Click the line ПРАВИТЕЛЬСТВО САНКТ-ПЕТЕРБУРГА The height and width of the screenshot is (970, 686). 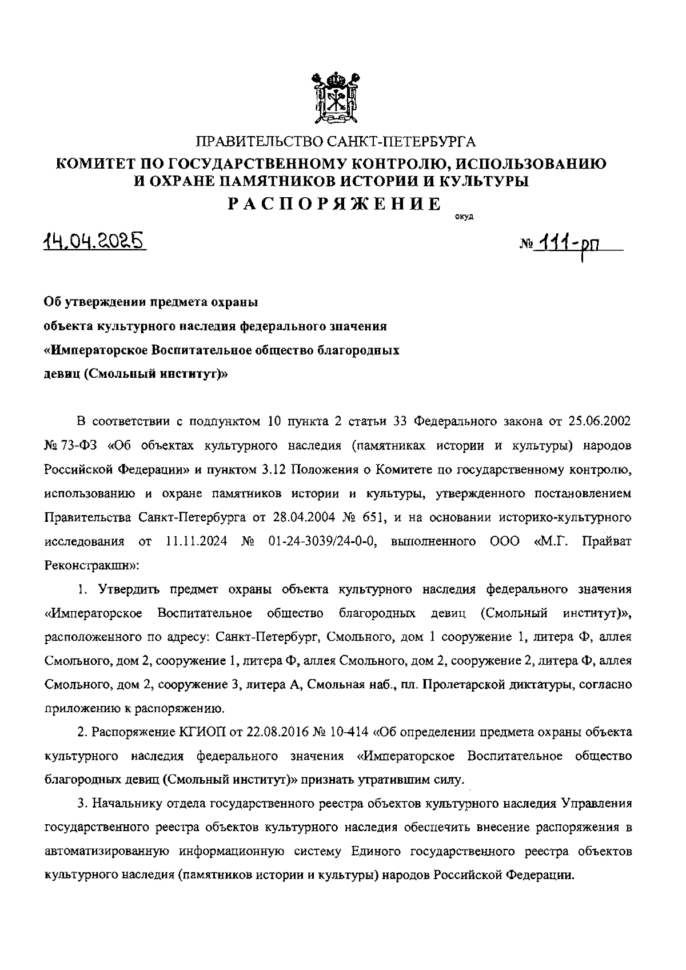pyautogui.click(x=336, y=141)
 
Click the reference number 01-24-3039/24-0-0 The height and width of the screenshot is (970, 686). pyautogui.click(x=321, y=541)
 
